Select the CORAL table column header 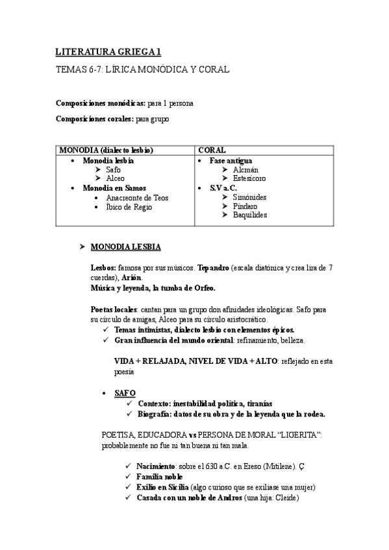(212, 150)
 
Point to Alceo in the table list (115, 178)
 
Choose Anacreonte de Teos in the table (136, 198)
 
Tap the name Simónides (249, 197)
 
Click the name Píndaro (245, 206)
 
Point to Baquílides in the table (249, 215)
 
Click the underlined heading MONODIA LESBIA (126, 248)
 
